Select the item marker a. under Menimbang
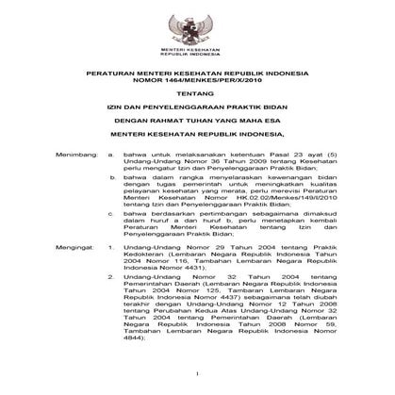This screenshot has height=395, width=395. (111, 176)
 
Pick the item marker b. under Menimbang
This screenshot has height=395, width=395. (111, 203)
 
